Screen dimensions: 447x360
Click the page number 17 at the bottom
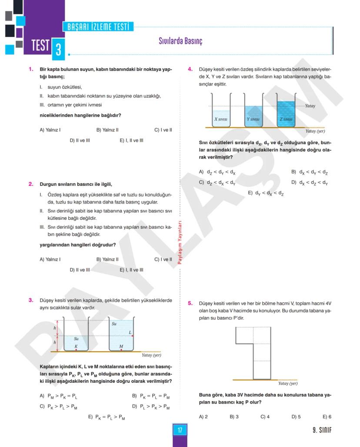click(x=180, y=430)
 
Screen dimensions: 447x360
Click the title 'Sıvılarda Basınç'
click(x=180, y=41)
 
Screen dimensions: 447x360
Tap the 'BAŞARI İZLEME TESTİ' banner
click(x=98, y=27)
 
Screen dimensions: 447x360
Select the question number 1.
click(x=31, y=69)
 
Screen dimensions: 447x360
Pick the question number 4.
click(x=190, y=69)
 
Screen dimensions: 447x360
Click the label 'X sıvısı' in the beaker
click(x=221, y=119)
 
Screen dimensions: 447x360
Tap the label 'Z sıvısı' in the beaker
click(x=286, y=119)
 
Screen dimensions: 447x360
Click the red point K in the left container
click(x=76, y=349)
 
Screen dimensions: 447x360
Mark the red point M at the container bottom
click(x=121, y=349)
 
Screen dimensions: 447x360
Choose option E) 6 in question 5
click(x=327, y=417)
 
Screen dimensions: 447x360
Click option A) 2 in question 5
click(x=203, y=417)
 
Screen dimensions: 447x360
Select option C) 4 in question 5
click(x=265, y=417)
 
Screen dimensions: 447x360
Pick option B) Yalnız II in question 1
click(x=107, y=129)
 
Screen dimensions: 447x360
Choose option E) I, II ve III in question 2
click(x=131, y=270)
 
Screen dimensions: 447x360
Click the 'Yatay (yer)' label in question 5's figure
click(x=288, y=384)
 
